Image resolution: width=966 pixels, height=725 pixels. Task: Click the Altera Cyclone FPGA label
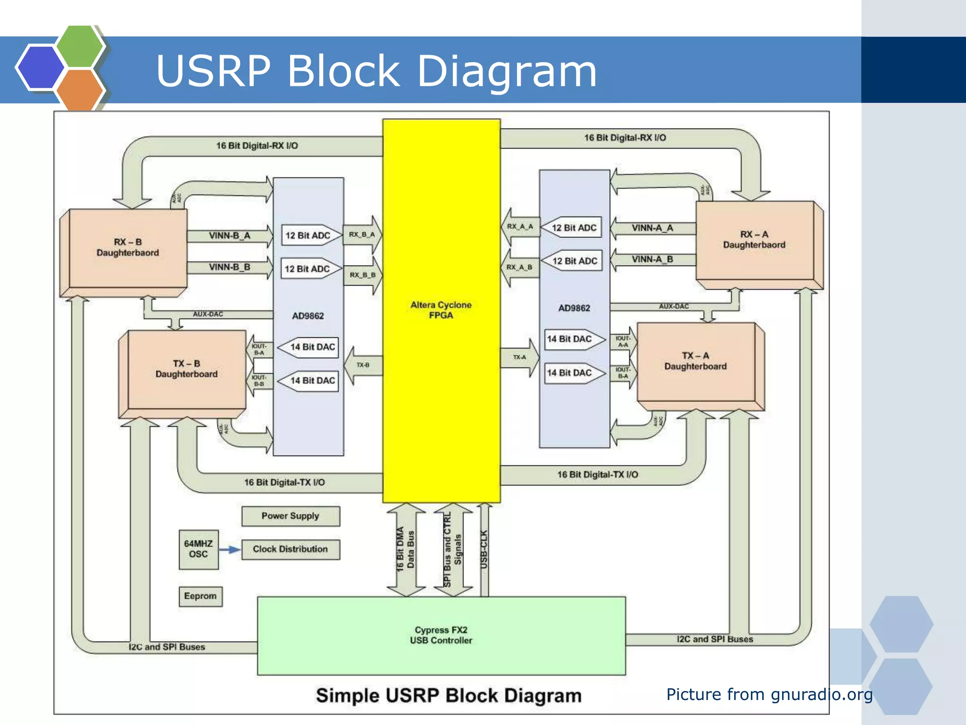point(441,310)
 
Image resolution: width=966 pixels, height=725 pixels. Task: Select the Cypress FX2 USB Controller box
point(441,635)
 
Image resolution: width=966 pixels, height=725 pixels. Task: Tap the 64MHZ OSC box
point(199,549)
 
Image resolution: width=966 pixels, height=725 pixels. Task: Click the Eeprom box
point(200,596)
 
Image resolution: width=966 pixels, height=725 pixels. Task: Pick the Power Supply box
point(291,516)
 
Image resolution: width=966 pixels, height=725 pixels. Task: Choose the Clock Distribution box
point(291,549)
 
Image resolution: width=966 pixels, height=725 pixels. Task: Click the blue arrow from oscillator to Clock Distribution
point(230,549)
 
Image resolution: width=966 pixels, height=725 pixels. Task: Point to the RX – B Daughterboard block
point(128,248)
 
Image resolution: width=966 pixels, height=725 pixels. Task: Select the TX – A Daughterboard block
point(695,361)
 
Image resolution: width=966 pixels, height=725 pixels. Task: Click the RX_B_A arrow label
point(362,234)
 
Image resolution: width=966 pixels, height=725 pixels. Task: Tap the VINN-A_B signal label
point(652,259)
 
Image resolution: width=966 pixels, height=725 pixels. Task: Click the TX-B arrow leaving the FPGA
point(363,365)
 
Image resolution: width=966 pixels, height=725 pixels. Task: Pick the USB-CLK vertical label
point(484,550)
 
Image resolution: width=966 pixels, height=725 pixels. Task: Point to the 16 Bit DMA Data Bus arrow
point(406,550)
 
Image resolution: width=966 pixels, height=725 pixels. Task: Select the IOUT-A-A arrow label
point(623,342)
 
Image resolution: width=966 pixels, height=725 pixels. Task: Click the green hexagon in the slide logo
point(79,46)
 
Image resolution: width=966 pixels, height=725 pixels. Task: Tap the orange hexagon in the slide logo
point(79,90)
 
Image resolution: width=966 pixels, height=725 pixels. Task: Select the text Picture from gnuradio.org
point(769,694)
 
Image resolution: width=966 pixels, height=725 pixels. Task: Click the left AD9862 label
point(308,316)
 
